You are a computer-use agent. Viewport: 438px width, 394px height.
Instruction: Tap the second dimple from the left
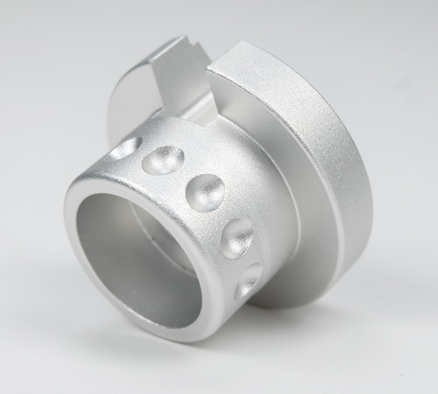[x=162, y=162]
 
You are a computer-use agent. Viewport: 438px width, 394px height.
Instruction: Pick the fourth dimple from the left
[x=238, y=235]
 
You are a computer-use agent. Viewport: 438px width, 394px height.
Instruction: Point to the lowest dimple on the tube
[x=250, y=279]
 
